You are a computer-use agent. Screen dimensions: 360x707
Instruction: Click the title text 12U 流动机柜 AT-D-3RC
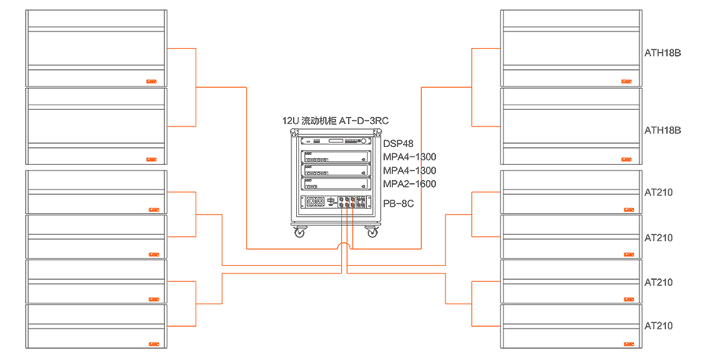[x=335, y=121]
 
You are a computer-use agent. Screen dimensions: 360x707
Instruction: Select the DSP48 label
[x=398, y=144]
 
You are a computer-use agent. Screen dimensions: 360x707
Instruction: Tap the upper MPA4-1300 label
[x=409, y=157]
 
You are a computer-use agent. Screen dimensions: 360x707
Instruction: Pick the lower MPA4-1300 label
[x=409, y=171]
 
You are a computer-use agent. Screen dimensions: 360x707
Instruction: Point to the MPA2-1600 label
[x=409, y=184]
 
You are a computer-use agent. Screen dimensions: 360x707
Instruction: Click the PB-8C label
[x=398, y=204]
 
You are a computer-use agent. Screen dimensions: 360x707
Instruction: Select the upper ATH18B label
[x=662, y=54]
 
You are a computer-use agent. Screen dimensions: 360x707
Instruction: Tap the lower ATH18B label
[x=662, y=130]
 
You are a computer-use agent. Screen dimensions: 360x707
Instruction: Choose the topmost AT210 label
[x=658, y=193]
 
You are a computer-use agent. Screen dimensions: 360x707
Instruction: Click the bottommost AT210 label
[x=658, y=325]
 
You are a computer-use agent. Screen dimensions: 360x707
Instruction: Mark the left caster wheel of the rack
[x=299, y=233]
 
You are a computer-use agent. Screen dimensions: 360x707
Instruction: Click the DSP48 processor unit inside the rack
[x=335, y=144]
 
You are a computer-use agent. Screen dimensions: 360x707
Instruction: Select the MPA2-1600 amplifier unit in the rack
[x=335, y=184]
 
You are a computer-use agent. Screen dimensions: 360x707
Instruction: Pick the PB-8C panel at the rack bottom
[x=335, y=203]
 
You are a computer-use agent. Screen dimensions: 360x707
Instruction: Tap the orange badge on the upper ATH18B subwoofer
[x=627, y=80]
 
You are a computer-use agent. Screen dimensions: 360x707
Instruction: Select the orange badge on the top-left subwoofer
[x=151, y=80]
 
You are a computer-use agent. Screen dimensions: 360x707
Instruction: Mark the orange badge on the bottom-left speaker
[x=151, y=343]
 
